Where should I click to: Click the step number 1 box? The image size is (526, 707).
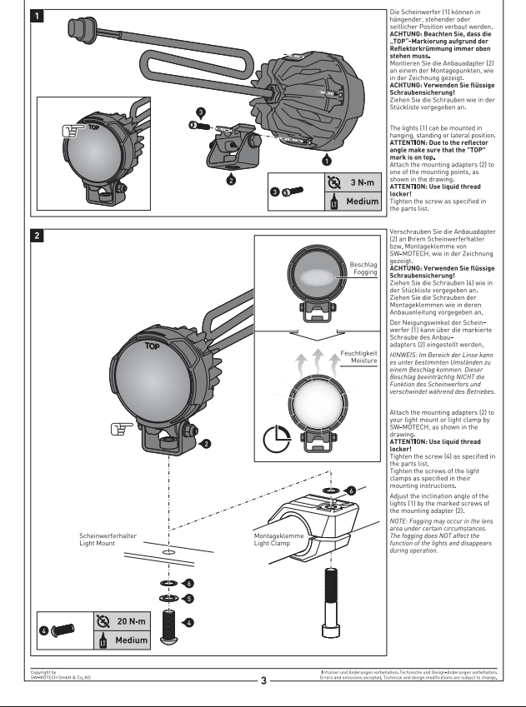37,16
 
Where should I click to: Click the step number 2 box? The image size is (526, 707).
37,236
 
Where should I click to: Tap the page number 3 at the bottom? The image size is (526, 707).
263,681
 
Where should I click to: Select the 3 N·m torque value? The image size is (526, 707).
362,182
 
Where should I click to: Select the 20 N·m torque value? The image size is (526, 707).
132,621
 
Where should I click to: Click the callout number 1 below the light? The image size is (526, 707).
327,160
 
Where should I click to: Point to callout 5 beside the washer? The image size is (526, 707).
189,599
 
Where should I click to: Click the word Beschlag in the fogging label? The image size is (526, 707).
363,265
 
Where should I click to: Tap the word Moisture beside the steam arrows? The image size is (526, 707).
364,361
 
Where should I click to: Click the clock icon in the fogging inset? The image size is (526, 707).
277,439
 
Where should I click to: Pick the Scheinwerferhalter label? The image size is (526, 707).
108,535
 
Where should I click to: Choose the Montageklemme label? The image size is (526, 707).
278,535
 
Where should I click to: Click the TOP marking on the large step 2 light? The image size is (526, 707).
153,346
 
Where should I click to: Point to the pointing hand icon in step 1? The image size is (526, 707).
73,131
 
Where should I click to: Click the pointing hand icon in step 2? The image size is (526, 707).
122,429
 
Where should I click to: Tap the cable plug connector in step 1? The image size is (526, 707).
79,28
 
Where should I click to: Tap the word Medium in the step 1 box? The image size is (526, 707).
363,201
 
